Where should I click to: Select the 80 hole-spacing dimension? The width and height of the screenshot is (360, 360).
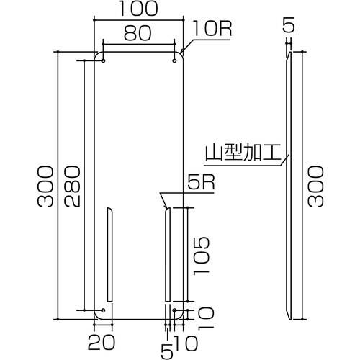click(x=138, y=32)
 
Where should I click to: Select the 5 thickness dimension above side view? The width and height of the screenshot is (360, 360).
click(x=288, y=27)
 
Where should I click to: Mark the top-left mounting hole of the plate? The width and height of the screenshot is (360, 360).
click(x=103, y=61)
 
